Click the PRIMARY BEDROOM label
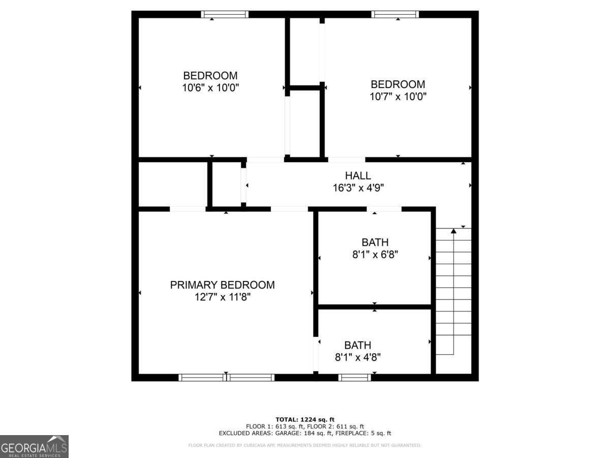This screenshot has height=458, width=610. pyautogui.click(x=222, y=285)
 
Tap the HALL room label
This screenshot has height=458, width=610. pyautogui.click(x=358, y=176)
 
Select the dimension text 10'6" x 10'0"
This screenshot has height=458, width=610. pyautogui.click(x=210, y=88)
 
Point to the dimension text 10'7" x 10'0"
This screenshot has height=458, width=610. pyautogui.click(x=398, y=96)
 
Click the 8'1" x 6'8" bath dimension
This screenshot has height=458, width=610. pyautogui.click(x=375, y=254)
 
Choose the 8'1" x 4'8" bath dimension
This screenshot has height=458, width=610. pyautogui.click(x=357, y=357)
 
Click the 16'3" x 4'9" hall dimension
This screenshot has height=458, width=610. pyautogui.click(x=358, y=188)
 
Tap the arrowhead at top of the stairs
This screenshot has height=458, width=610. pyautogui.click(x=453, y=232)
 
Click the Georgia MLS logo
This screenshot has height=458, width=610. pyautogui.click(x=34, y=446)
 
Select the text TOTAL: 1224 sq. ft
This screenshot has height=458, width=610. pyautogui.click(x=305, y=419)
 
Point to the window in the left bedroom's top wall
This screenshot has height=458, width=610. pyautogui.click(x=225, y=14)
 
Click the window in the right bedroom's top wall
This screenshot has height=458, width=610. pyautogui.click(x=395, y=14)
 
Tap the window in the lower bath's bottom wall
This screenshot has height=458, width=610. pyautogui.click(x=354, y=377)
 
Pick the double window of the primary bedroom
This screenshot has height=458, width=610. pyautogui.click(x=227, y=377)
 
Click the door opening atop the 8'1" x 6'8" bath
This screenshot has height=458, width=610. pyautogui.click(x=384, y=209)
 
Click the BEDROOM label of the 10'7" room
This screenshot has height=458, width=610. pyautogui.click(x=398, y=84)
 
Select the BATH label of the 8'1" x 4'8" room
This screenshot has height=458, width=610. pyautogui.click(x=357, y=345)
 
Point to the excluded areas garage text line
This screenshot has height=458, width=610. pyautogui.click(x=305, y=434)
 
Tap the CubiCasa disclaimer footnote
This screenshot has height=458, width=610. pyautogui.click(x=305, y=445)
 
